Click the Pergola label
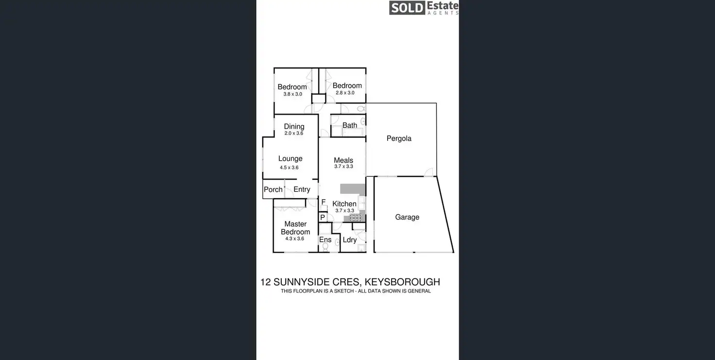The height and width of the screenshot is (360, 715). pos(399,138)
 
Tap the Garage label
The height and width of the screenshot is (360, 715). pos(407,217)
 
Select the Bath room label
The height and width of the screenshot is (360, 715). pos(350,125)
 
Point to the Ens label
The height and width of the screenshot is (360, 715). pos(325,240)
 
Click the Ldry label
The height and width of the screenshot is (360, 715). pos(350,240)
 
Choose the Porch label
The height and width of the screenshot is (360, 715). pos(273,189)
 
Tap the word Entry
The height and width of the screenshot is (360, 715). pos(302,189)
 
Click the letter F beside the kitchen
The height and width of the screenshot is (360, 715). pos(323,202)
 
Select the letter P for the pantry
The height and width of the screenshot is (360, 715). pos(323,217)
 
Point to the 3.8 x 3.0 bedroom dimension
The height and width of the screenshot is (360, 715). pos(292,94)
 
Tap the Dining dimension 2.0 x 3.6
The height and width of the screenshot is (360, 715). pos(294,133)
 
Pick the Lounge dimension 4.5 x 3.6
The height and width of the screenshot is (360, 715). pos(289,168)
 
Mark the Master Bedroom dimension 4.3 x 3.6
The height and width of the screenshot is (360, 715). pos(294,239)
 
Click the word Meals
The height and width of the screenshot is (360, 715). pos(343,160)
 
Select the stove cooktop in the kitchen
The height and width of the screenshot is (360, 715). pos(356,217)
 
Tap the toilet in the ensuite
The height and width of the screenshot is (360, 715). pos(325,247)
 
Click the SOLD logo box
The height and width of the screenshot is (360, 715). pos(407,8)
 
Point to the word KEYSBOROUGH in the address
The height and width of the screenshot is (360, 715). pos(402,282)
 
